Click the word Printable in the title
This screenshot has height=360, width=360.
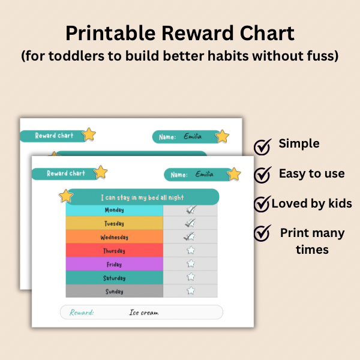click(x=110, y=34)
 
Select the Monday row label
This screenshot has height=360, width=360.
click(x=115, y=210)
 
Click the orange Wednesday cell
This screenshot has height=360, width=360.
click(x=115, y=237)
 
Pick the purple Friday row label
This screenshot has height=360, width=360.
click(x=115, y=264)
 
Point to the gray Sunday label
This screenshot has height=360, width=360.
click(x=115, y=292)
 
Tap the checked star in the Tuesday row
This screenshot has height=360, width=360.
click(x=190, y=223)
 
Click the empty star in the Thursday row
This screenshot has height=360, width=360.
click(x=191, y=250)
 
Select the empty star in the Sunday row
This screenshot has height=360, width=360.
click(x=191, y=290)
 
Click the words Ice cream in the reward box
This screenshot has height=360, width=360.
click(x=144, y=313)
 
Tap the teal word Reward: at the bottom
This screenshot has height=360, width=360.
click(x=82, y=313)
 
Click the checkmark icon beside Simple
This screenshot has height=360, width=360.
click(x=263, y=147)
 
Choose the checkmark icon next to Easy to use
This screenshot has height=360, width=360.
click(x=263, y=175)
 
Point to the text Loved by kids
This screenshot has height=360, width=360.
click(x=311, y=203)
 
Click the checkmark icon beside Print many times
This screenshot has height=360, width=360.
click(x=263, y=233)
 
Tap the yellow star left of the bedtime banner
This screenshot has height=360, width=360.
click(x=66, y=196)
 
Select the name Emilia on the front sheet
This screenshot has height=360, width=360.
click(x=205, y=174)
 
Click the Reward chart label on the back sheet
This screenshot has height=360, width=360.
click(x=54, y=136)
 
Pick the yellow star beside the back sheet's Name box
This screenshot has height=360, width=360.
click(x=222, y=136)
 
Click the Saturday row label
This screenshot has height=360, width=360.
click(x=115, y=278)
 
